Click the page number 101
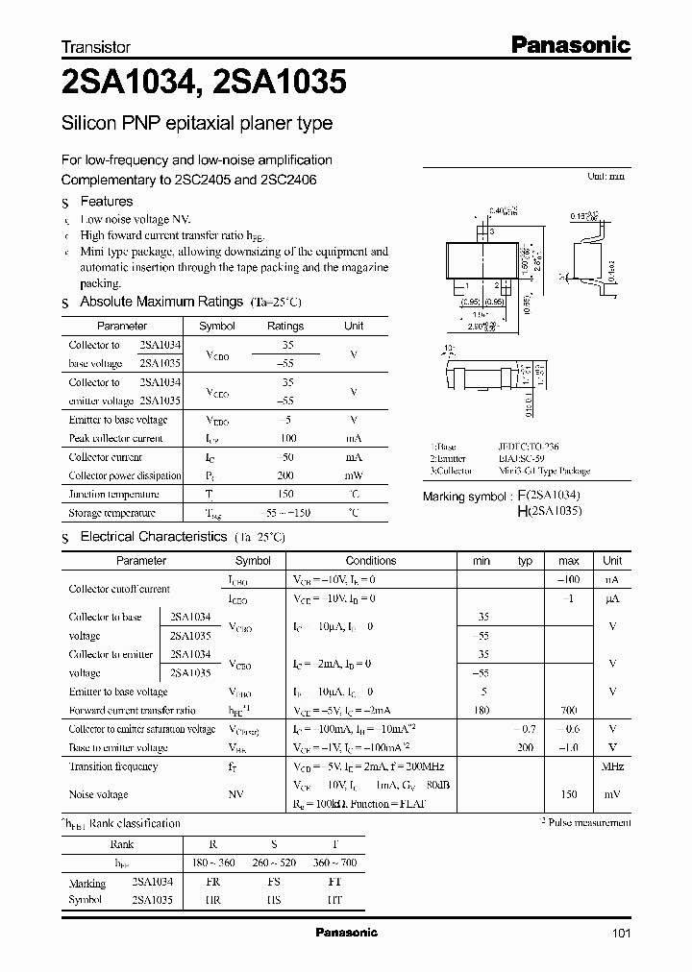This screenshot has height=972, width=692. tap(621, 933)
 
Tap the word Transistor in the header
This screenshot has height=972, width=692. tap(95, 46)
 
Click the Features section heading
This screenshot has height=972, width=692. tap(106, 202)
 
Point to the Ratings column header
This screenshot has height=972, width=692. tap(284, 326)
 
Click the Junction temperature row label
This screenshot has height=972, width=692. tap(112, 494)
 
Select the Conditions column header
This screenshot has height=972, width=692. tap(370, 560)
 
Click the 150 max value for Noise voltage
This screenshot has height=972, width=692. tap(568, 794)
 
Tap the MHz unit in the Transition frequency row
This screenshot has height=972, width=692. tap(612, 766)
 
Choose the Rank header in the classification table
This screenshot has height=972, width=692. tap(122, 844)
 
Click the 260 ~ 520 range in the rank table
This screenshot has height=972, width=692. tap(274, 863)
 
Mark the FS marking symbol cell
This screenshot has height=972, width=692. tap(274, 882)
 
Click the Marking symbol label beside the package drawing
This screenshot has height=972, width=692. tap(464, 497)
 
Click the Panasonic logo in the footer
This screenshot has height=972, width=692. tap(347, 933)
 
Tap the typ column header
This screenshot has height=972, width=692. tap(525, 560)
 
